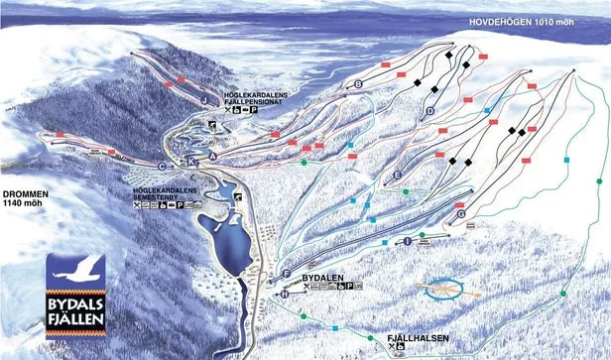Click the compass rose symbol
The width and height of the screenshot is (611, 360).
445,290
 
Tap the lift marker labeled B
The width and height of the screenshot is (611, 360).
358,85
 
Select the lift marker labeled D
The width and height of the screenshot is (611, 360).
430,112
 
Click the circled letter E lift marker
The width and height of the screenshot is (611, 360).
397,175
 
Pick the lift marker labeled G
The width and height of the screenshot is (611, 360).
461,213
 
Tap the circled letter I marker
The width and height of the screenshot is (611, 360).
408,241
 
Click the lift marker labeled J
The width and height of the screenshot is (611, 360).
203,100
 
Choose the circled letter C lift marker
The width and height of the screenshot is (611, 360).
162,166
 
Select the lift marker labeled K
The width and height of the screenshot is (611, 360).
190,160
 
